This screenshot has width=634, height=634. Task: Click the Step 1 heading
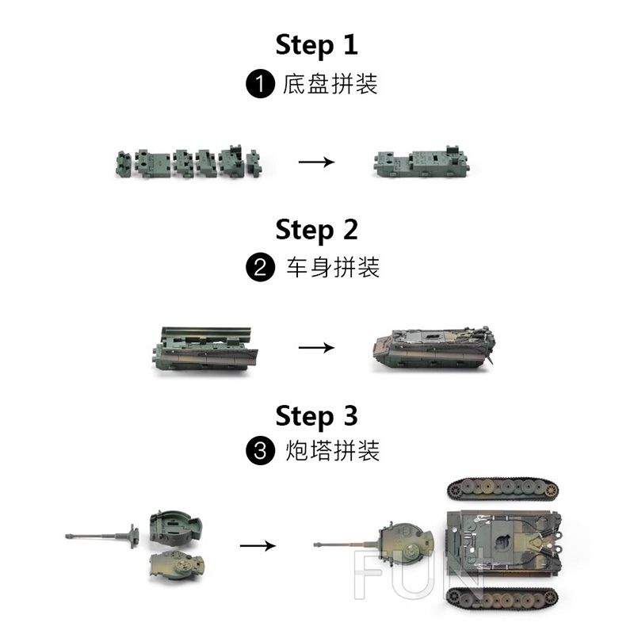(316, 44)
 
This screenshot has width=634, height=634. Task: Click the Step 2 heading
(316, 229)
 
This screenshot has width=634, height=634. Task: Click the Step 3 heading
(316, 415)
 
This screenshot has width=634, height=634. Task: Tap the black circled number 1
(261, 84)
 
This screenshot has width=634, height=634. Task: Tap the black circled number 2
(261, 267)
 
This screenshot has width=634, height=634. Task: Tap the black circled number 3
(261, 450)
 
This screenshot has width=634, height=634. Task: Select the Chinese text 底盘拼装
(330, 84)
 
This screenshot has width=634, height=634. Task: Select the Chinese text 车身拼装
(333, 267)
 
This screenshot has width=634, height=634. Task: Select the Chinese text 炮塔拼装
(333, 451)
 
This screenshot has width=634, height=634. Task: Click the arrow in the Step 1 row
(316, 162)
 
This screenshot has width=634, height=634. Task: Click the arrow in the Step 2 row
(316, 347)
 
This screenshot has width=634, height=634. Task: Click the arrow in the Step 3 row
(258, 546)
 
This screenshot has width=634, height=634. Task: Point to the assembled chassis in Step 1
(422, 162)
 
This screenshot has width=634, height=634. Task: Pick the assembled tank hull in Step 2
(433, 348)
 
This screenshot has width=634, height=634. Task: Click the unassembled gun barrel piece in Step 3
(102, 537)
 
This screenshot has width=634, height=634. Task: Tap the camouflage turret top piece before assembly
(177, 565)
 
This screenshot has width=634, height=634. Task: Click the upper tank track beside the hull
(503, 489)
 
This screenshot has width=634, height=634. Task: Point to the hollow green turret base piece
(175, 526)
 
